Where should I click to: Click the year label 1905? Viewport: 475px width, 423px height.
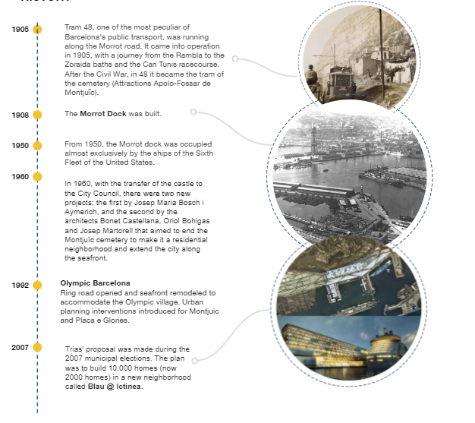20,30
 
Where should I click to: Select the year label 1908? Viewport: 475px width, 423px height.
20,115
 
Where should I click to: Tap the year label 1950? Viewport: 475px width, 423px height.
20,146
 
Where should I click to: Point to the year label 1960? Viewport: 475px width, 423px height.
20,177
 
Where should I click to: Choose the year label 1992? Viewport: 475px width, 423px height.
20,286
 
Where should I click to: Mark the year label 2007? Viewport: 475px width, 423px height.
20,348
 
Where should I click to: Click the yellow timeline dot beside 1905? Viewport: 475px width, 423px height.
37,30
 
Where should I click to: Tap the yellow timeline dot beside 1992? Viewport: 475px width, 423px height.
37,286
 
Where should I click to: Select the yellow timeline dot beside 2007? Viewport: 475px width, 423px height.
37,348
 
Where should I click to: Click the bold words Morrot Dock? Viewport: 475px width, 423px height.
102,114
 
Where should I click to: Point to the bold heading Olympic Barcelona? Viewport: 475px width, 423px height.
95,283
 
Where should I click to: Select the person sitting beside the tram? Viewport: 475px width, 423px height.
312,76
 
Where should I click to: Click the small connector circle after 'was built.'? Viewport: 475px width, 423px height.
193,112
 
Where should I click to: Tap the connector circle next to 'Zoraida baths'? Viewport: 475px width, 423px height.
235,58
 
